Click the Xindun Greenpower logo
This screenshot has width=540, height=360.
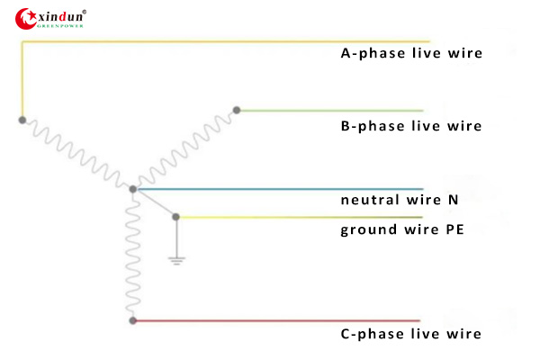(51, 17)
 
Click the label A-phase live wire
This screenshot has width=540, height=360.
(410, 53)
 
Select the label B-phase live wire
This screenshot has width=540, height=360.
(410, 126)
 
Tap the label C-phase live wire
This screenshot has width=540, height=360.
(410, 334)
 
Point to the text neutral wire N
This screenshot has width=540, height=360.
(400, 200)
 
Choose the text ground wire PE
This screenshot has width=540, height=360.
(401, 229)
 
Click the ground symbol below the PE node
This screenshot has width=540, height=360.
(176, 260)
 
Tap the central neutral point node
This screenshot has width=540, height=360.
(133, 189)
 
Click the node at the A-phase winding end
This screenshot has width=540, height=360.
(22, 119)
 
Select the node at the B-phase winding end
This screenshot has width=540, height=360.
(237, 111)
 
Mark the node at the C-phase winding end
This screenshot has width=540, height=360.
(133, 320)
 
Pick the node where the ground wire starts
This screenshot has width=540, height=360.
(176, 217)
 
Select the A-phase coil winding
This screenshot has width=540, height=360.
(76, 154)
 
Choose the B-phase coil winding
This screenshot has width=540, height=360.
(184, 150)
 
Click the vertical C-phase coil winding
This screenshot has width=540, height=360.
(133, 256)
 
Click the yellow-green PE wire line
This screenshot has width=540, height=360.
(297, 217)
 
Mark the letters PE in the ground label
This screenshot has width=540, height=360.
(453, 229)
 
